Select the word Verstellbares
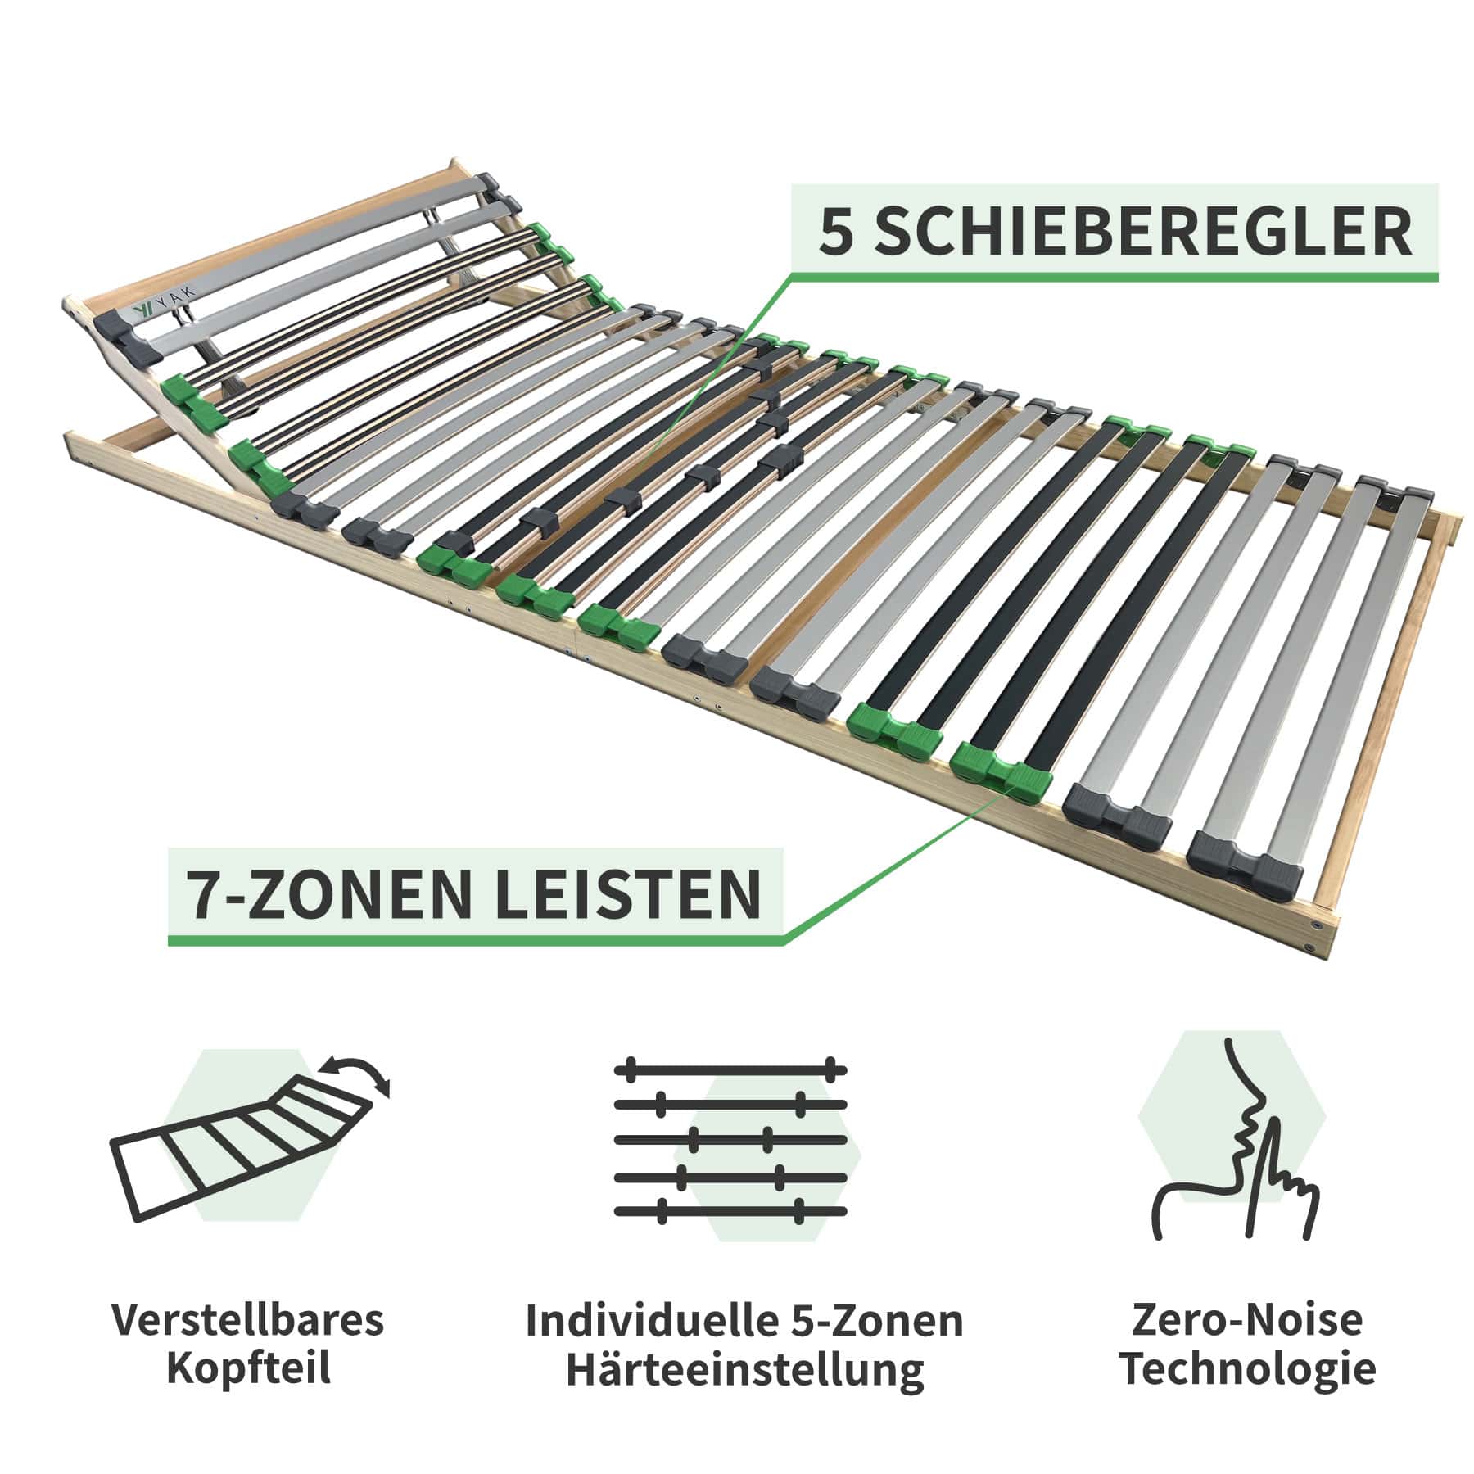coord(248,1321)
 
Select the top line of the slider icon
coord(730,1069)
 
